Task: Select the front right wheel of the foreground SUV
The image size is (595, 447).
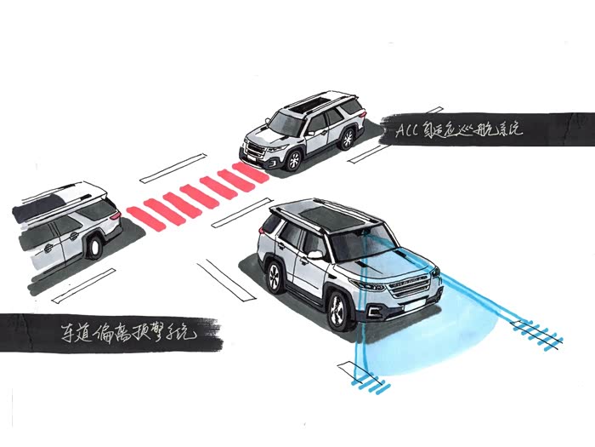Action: pyautogui.click(x=337, y=310)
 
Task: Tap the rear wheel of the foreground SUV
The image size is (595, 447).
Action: pyautogui.click(x=275, y=276)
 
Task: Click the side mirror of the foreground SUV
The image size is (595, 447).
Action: pyautogui.click(x=315, y=255)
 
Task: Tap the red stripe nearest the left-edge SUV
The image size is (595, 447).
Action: pyautogui.click(x=139, y=216)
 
